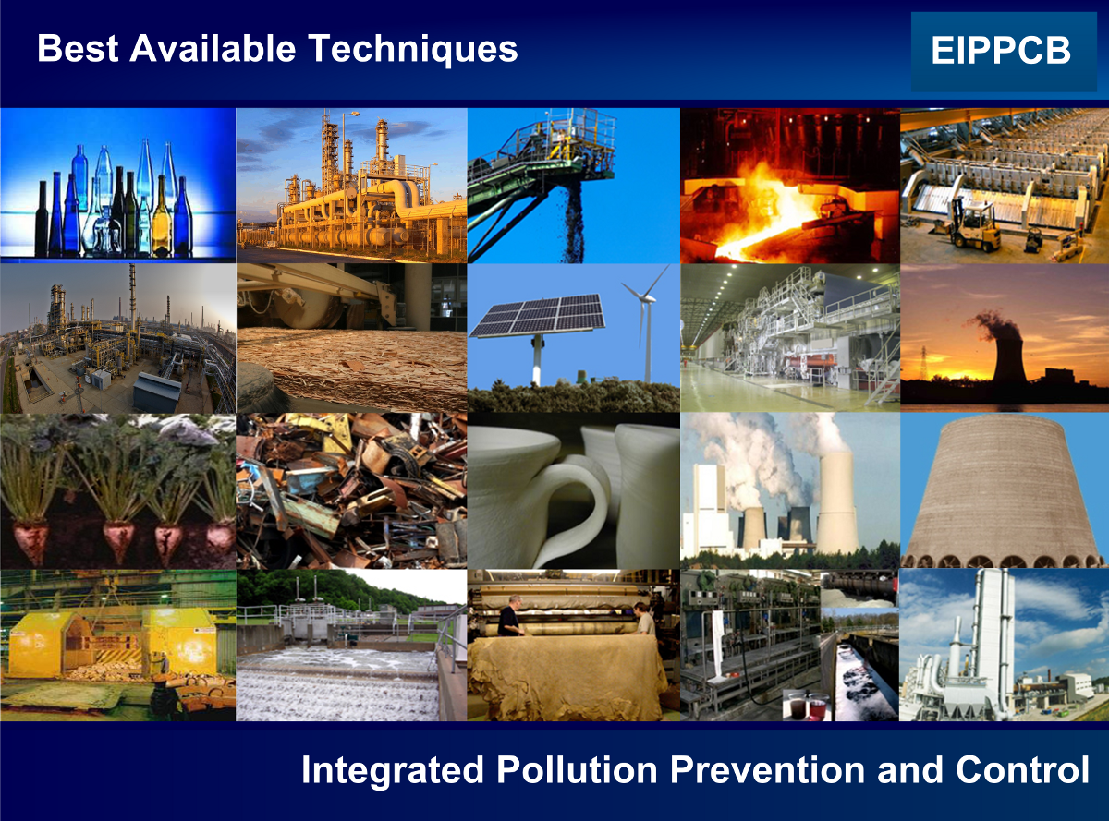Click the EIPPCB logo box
[1004, 52]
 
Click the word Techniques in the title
[412, 50]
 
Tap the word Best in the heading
[78, 48]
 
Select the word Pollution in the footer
[577, 769]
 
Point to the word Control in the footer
[1022, 769]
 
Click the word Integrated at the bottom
[393, 770]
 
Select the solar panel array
[537, 315]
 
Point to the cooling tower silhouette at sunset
[1009, 357]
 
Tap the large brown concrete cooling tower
[1004, 491]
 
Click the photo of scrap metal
[351, 491]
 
